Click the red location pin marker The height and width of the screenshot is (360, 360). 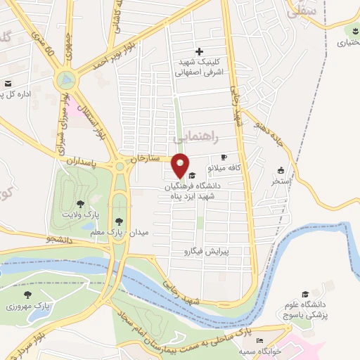point(181,165)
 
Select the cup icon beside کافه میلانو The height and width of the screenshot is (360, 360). point(224,157)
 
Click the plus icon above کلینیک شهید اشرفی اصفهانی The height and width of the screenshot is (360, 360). point(200,51)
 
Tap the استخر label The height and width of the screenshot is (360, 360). point(282,181)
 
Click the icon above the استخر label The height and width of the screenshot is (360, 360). point(281,169)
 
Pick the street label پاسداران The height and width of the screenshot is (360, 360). point(81,161)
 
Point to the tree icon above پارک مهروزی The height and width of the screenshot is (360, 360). point(27,295)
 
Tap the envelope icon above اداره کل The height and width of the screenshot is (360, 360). point(9,82)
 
